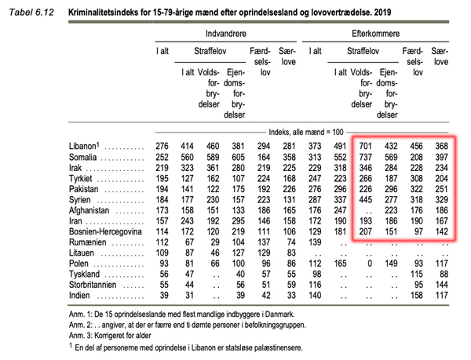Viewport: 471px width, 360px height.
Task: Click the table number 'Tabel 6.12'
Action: [31, 13]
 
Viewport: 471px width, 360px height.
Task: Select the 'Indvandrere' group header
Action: [226, 33]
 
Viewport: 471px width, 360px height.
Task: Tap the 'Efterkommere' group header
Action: [376, 33]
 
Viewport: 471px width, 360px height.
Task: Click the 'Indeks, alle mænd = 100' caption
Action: [306, 132]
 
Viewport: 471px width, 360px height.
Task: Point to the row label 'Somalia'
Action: [83, 157]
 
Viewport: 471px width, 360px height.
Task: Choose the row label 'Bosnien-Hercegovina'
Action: [105, 231]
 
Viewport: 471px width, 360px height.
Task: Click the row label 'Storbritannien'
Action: [93, 285]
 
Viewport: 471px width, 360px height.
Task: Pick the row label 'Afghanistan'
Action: [89, 210]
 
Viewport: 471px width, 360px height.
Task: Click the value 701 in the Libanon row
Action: [366, 146]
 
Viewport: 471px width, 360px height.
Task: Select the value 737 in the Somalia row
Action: [366, 157]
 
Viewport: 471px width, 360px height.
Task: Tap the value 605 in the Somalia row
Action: [238, 157]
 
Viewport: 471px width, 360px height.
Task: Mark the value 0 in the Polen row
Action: [370, 264]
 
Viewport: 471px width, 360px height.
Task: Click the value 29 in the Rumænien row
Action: [215, 242]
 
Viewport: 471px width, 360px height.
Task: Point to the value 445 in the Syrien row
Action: [366, 200]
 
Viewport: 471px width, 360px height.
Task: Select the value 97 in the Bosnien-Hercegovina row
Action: [418, 231]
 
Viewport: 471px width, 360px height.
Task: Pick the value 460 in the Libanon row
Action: [213, 146]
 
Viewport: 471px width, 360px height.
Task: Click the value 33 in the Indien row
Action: [291, 296]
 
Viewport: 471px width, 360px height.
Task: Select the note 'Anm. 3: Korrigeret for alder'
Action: [110, 336]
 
